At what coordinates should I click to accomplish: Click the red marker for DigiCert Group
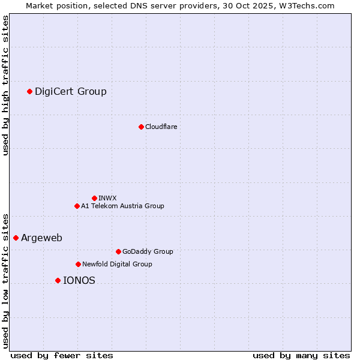(x=29, y=91)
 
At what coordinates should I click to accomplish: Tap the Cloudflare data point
(x=141, y=127)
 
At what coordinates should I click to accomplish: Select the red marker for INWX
(x=94, y=198)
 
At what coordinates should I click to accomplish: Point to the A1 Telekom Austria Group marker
(x=77, y=206)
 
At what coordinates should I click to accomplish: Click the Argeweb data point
(x=16, y=238)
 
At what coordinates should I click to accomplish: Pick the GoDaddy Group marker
(x=118, y=251)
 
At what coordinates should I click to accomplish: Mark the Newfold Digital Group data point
(x=78, y=264)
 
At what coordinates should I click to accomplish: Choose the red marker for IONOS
(x=58, y=280)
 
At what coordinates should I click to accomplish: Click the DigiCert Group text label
(x=71, y=91)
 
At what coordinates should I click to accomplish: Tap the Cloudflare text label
(x=161, y=127)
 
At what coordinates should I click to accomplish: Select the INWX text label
(x=107, y=198)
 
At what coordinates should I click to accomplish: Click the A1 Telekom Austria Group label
(x=122, y=206)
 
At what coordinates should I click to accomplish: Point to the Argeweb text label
(x=41, y=238)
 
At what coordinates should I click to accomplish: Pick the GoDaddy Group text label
(x=148, y=251)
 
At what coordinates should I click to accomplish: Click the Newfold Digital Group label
(x=117, y=264)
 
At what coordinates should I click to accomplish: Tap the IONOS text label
(x=79, y=280)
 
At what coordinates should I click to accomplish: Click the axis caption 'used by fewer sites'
(x=62, y=355)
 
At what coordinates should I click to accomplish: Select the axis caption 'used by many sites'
(x=301, y=355)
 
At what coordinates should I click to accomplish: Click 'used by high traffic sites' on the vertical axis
(x=6, y=85)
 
